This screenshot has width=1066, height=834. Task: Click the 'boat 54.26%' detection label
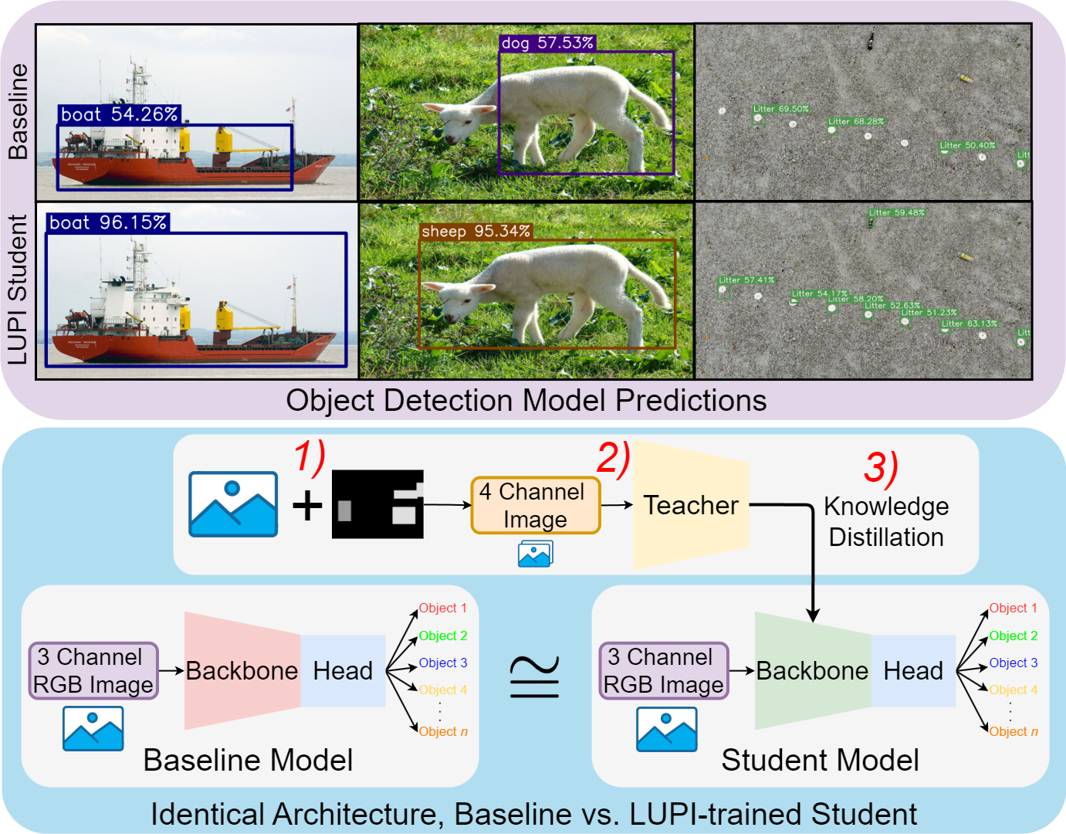click(119, 115)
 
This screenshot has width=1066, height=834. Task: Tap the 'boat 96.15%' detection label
click(107, 223)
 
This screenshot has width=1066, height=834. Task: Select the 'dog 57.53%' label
click(547, 43)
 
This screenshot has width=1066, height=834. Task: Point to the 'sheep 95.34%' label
click(475, 232)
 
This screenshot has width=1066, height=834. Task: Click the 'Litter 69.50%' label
click(781, 110)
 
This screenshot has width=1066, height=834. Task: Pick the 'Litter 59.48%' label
click(896, 212)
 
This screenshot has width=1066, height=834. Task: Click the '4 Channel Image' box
click(535, 506)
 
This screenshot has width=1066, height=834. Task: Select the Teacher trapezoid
click(690, 505)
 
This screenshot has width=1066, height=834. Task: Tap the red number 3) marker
click(881, 468)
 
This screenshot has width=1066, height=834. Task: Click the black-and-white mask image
click(377, 504)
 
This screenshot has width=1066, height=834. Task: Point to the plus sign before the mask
click(307, 506)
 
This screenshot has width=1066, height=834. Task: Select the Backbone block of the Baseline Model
click(242, 670)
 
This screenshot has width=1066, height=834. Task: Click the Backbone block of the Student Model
click(812, 670)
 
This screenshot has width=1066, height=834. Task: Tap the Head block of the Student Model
click(913, 670)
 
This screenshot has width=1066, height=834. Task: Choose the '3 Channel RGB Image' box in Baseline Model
click(93, 671)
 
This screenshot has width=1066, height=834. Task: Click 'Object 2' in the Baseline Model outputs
click(443, 636)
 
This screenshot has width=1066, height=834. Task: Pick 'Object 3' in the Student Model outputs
click(1013, 663)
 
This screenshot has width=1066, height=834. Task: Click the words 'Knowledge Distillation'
click(886, 522)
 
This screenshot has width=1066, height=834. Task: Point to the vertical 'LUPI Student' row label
click(18, 290)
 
